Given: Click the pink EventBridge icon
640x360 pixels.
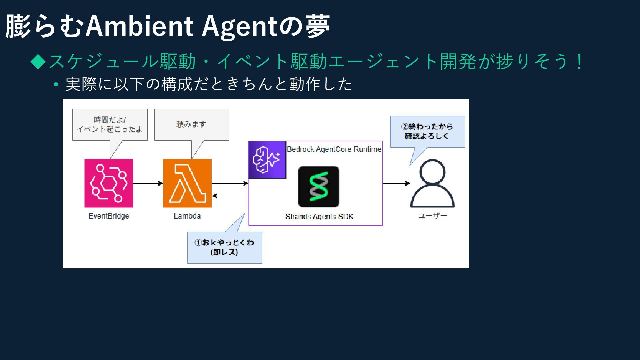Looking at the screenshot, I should tap(109, 183).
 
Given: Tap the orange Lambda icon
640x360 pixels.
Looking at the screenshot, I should tap(187, 183).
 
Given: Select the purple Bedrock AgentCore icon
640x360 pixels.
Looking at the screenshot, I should tap(267, 160).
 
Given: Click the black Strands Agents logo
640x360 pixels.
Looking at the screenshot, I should tap(319, 187).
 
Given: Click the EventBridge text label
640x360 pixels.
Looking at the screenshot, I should tap(109, 216).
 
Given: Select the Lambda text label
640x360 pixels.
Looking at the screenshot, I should tap(187, 216).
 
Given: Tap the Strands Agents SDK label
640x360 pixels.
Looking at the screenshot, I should tap(319, 217).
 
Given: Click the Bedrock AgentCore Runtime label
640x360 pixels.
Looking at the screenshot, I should tap(334, 149).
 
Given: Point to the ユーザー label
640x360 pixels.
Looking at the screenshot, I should tap(433, 216).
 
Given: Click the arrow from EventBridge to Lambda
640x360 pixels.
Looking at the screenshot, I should tap(148, 183).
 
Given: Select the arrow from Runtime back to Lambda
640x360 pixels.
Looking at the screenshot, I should tap(230, 196).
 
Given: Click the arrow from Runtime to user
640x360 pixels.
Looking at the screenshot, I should tap(396, 183).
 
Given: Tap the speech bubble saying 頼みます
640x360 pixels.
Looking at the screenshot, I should tap(191, 124).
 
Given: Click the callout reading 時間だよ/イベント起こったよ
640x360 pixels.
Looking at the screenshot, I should tap(110, 124).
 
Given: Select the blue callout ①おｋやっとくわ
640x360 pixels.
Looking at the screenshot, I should tap(224, 247).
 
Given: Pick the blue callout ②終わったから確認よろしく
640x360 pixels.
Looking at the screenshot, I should tap(427, 131).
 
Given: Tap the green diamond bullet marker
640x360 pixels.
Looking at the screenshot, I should tap(38, 62).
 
